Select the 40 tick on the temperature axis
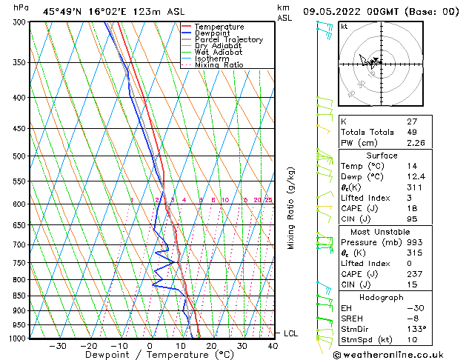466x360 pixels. (273, 346)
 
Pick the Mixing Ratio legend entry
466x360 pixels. (219, 65)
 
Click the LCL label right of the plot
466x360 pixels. (290, 333)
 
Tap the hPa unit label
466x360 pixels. (21, 7)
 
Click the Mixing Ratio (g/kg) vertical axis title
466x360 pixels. (291, 208)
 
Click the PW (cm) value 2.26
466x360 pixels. (416, 143)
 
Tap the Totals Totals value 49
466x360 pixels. (411, 132)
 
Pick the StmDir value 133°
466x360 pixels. (417, 328)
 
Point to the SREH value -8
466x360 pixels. (413, 318)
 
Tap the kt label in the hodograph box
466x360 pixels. (344, 26)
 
